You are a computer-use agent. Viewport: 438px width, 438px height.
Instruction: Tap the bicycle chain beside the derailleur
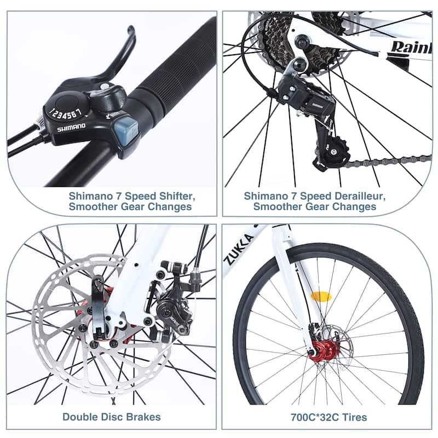[x=383, y=161]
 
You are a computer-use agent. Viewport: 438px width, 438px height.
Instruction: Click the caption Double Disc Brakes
[x=111, y=417]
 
